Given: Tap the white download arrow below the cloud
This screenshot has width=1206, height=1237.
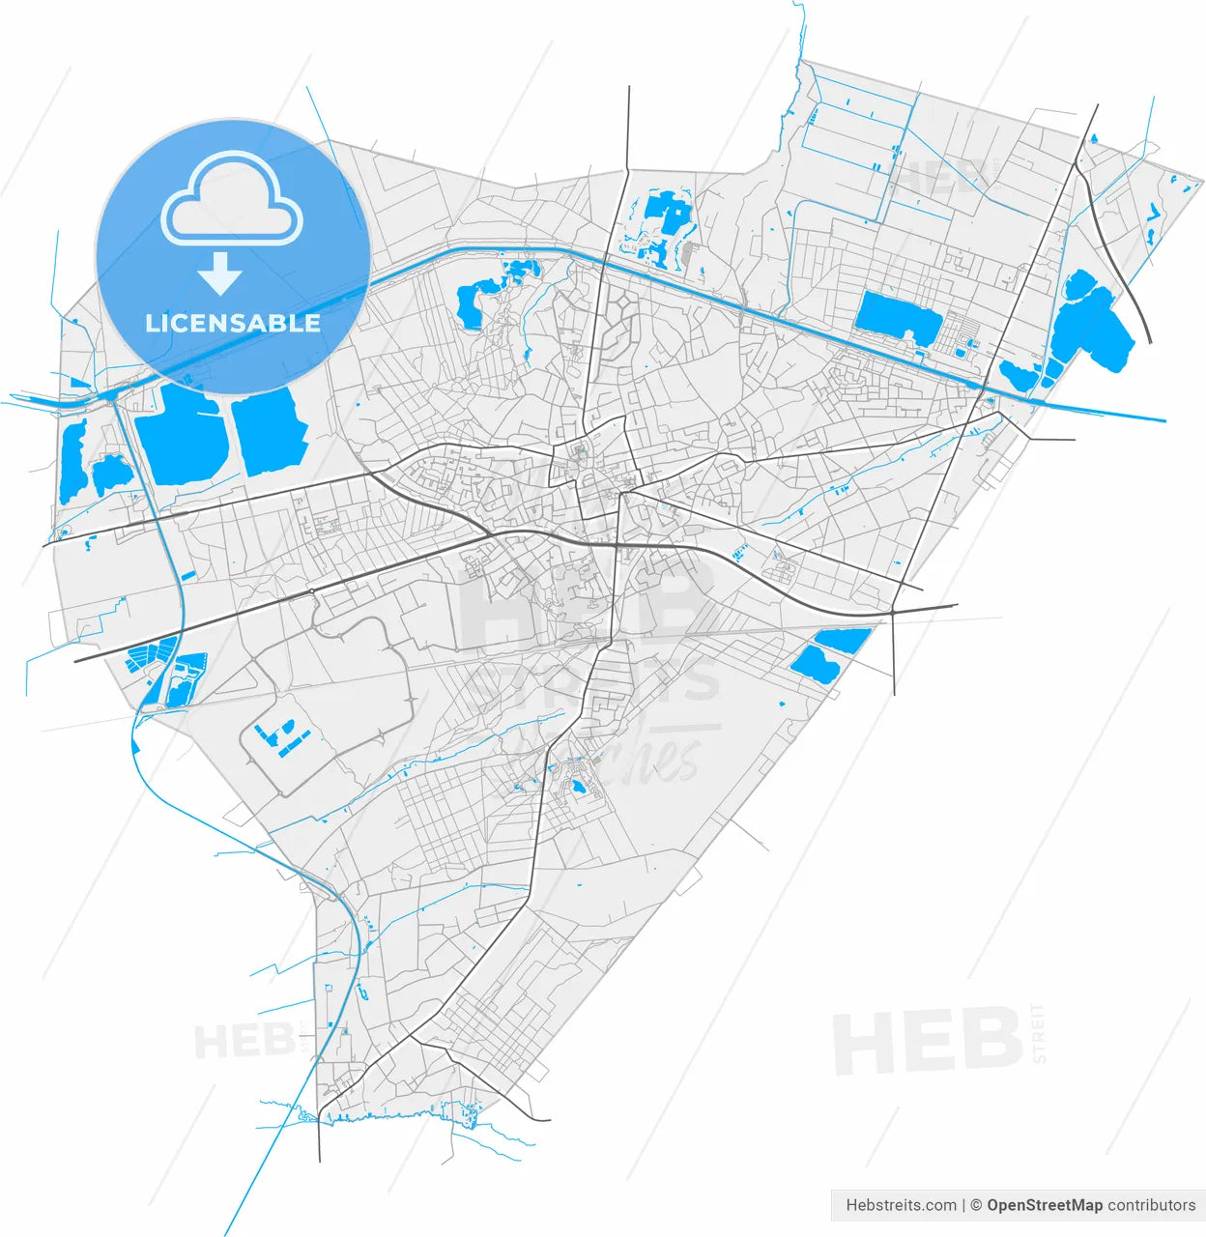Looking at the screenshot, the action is pyautogui.click(x=221, y=274).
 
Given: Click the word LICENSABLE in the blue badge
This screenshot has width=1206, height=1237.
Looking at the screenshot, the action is pyautogui.click(x=233, y=323).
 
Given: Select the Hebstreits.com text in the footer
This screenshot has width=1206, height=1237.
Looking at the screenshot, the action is pyautogui.click(x=901, y=1205).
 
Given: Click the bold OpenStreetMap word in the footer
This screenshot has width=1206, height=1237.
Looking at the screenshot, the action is pyautogui.click(x=1045, y=1205).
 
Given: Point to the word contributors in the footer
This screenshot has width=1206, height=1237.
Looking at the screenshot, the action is pyautogui.click(x=1152, y=1205).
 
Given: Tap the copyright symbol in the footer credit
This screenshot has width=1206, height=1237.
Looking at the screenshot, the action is pyautogui.click(x=976, y=1205).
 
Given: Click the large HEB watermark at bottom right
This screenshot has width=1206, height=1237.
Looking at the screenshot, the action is pyautogui.click(x=928, y=1040).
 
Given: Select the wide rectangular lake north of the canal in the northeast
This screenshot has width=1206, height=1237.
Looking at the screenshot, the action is pyautogui.click(x=897, y=315).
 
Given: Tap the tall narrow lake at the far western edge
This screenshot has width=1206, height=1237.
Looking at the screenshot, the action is pyautogui.click(x=72, y=462).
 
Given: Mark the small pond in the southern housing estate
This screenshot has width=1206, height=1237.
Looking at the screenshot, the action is pyautogui.click(x=578, y=787).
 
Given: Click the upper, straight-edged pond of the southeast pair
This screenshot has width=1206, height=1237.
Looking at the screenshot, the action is pyautogui.click(x=843, y=639).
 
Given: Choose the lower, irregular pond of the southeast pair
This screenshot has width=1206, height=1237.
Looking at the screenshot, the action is pyautogui.click(x=814, y=664).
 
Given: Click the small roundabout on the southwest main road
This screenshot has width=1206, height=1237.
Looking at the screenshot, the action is pyautogui.click(x=312, y=590).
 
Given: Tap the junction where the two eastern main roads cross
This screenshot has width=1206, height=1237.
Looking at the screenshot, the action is pyautogui.click(x=894, y=612).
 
